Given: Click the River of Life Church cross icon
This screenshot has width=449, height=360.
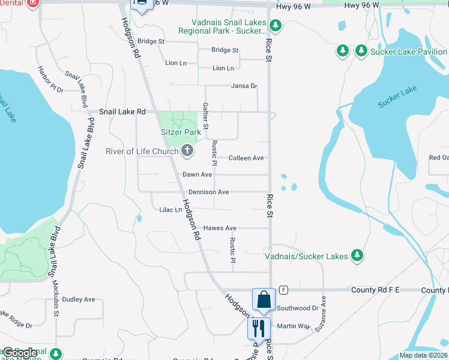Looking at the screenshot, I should tap(187, 151).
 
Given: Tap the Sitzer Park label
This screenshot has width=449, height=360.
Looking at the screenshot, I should tap(181, 132).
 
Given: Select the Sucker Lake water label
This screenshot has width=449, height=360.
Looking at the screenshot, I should tap(397, 97).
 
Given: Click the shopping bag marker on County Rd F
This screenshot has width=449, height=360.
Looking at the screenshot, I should tap(264, 299).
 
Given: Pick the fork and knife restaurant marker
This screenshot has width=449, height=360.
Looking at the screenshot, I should tap(259, 328).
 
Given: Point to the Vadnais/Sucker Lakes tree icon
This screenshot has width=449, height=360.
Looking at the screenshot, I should tap(357, 256).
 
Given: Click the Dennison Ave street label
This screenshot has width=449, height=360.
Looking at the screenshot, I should tap(208, 192).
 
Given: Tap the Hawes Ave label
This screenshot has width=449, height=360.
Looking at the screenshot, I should tap(220, 228).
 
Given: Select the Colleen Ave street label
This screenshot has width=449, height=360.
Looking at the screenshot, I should tap(246, 158).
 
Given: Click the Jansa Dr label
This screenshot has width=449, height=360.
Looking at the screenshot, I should tap(244, 86).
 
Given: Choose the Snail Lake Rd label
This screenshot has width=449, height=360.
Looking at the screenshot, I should tap(122, 112).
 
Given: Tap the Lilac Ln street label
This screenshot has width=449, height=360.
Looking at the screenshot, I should tap(170, 210).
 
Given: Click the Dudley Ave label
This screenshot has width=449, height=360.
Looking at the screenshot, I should tap(79, 299).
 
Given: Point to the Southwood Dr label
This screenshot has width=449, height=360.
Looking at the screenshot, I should tap(298, 308).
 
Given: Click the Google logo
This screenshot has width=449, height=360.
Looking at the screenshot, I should tap(20, 353).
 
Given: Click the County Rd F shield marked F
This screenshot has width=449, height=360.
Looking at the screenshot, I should tap(283, 290).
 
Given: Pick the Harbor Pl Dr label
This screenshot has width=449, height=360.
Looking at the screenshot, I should tap(51, 80).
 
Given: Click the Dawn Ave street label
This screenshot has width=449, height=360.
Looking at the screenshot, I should tap(197, 175).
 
